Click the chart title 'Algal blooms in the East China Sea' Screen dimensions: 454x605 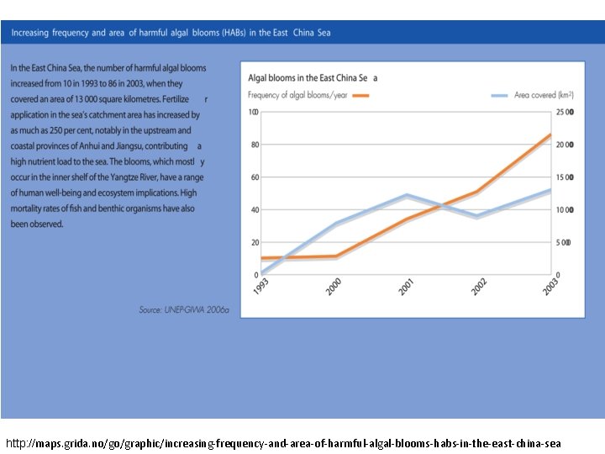(x=313, y=77)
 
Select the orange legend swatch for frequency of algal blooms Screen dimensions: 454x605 (x=360, y=96)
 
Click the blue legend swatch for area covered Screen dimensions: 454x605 (x=500, y=96)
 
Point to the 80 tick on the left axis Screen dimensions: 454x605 (x=254, y=145)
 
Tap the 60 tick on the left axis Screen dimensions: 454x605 (x=254, y=177)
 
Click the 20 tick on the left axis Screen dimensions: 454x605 (x=254, y=242)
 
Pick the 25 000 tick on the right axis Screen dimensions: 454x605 (x=566, y=112)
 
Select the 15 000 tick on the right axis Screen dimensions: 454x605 (x=566, y=177)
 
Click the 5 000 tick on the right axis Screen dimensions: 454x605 (x=564, y=242)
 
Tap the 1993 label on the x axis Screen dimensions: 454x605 (x=263, y=288)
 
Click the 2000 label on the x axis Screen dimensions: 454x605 (x=334, y=288)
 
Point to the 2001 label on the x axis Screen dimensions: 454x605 (x=406, y=288)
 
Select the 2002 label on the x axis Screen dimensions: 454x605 (x=479, y=288)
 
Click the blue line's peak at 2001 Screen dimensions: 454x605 (x=408, y=195)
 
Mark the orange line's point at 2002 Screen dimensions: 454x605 (x=478, y=192)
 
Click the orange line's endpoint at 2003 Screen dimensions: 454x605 (x=551, y=135)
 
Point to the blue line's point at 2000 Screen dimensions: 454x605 (x=336, y=224)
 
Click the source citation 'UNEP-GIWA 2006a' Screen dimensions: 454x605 (x=184, y=310)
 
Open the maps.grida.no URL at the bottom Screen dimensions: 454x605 (x=283, y=442)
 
